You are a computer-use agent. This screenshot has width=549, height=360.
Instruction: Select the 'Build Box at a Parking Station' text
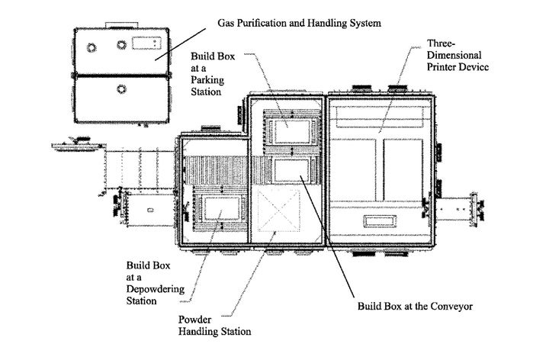coord(208,75)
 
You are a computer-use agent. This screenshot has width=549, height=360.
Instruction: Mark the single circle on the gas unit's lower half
coord(120,90)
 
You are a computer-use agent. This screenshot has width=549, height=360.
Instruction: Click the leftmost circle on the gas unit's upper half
coord(92,47)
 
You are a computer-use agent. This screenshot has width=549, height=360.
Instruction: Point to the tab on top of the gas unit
coord(120,23)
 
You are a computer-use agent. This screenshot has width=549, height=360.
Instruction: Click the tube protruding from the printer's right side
coord(457,207)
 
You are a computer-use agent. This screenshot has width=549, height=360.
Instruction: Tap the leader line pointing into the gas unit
coord(187,41)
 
